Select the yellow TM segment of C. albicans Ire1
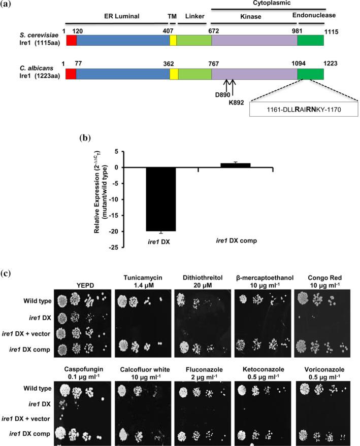174,75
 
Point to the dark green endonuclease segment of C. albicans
310,75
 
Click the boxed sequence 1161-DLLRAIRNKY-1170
304,109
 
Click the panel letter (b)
87,138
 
